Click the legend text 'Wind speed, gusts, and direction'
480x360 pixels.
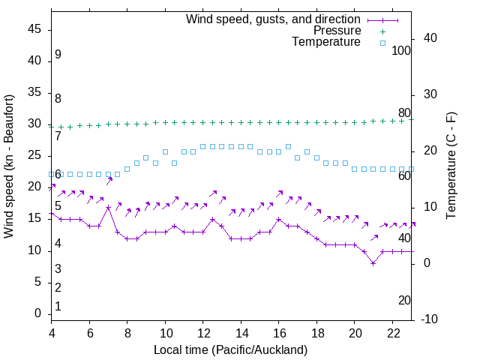[273, 19]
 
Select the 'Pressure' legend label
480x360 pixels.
[337, 31]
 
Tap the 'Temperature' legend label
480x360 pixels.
[326, 43]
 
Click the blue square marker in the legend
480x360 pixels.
[382, 43]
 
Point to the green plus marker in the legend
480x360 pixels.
[382, 31]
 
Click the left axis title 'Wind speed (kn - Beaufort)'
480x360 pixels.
[9, 166]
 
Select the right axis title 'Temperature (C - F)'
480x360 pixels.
[451, 166]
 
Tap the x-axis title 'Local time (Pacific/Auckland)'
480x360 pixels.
[230, 350]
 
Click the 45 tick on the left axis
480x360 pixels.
[35, 30]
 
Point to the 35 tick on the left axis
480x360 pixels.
[35, 93]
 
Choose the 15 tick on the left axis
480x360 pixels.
[35, 219]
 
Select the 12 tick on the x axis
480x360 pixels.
[203, 333]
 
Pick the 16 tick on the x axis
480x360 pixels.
[279, 333]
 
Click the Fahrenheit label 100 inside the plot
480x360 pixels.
[401, 50]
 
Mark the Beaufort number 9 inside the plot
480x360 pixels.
[58, 55]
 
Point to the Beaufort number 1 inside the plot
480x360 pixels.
[58, 307]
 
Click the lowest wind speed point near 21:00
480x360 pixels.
[373, 263]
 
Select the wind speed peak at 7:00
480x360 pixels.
[108, 207]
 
